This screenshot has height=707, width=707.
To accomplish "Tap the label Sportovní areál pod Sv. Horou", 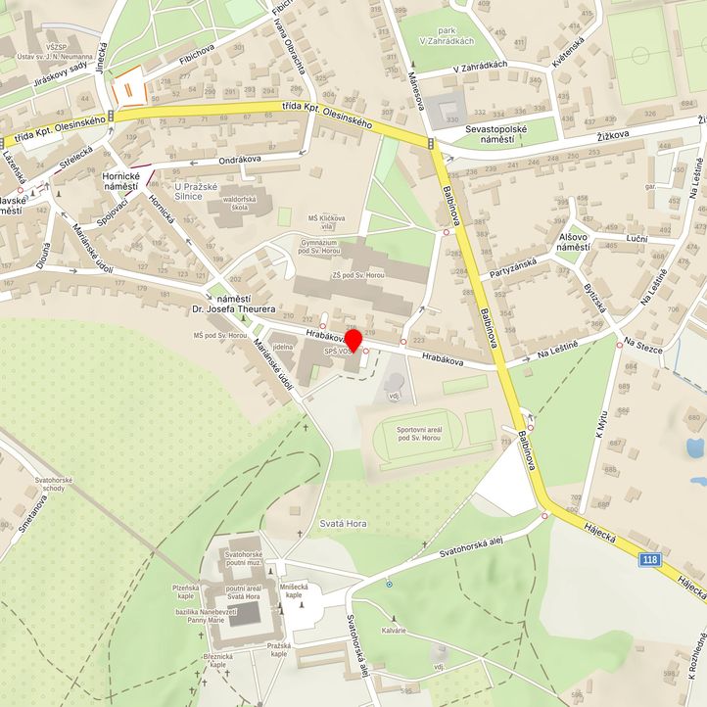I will coord(422,433).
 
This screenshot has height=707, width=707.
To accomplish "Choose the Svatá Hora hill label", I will coord(343,524).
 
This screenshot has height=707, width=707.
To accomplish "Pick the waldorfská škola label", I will coord(242,203).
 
